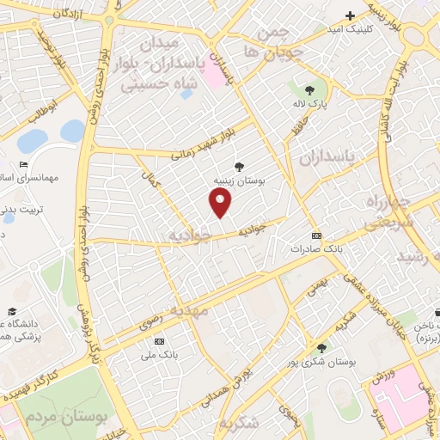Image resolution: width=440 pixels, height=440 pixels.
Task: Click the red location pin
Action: [x=221, y=202]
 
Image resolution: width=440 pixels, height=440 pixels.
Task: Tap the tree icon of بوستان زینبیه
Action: [x=238, y=167]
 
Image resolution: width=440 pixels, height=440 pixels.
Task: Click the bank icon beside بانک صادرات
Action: [x=316, y=235]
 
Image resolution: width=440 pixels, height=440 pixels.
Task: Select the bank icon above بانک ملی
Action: [x=158, y=341]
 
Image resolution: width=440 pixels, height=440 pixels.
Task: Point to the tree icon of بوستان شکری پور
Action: [x=321, y=348]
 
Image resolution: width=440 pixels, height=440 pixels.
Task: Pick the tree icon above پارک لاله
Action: [x=309, y=89]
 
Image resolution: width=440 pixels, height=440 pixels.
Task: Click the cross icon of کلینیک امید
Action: [x=350, y=15]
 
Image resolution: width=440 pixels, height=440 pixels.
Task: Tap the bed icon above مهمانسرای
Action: [x=23, y=165]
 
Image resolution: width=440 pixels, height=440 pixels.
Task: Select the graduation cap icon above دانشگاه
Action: [x=12, y=311]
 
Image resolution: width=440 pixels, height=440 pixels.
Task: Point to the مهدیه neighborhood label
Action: [x=188, y=310]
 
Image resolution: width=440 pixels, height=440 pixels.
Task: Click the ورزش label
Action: [x=382, y=376]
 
